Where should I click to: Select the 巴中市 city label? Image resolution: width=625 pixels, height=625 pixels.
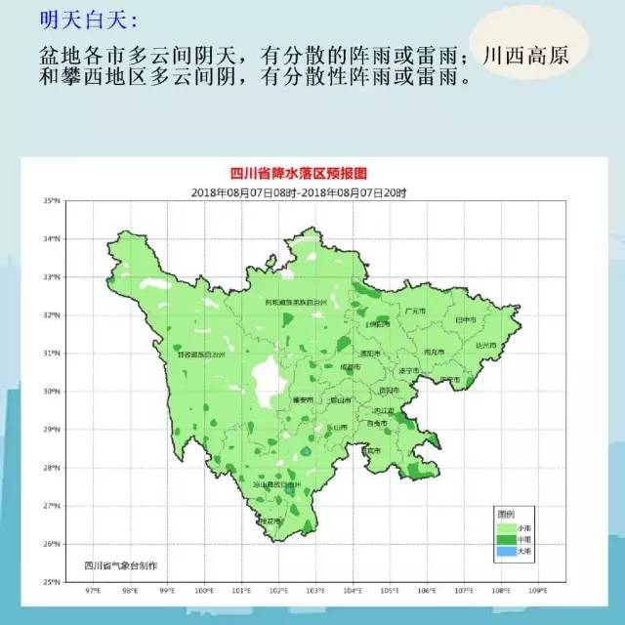466,319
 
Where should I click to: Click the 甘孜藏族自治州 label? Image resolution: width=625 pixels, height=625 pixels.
201,356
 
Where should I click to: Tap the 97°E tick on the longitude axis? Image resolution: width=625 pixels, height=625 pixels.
94,591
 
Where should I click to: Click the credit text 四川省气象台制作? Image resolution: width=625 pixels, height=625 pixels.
121,565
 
